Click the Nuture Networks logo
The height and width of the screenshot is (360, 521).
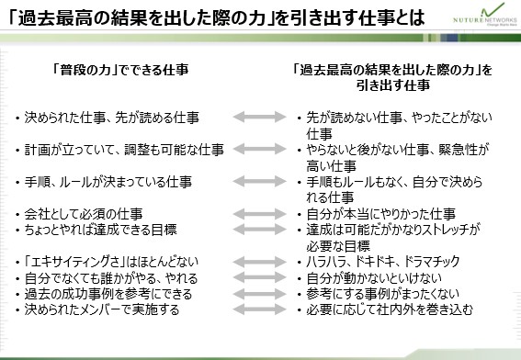[485, 16]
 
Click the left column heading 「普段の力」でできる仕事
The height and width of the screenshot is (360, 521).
[120, 70]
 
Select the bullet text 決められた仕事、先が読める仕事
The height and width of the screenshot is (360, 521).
[112, 118]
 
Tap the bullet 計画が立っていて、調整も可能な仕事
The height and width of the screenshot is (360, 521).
[124, 150]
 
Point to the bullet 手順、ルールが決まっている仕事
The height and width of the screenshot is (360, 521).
[108, 182]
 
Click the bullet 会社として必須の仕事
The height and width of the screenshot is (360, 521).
[84, 214]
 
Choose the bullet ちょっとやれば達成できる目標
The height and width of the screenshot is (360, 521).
[100, 230]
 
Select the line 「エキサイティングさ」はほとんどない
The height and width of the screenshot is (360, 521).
[111, 262]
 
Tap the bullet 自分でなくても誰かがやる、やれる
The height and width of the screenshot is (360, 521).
[111, 278]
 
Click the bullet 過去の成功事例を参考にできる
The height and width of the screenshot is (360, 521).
[108, 294]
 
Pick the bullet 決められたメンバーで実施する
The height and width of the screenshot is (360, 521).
[102, 309]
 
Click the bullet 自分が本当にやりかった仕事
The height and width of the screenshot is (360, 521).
[380, 214]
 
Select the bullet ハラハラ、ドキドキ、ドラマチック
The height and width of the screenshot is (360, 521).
[383, 262]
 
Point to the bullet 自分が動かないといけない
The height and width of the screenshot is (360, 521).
[374, 278]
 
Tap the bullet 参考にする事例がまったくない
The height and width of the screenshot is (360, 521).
[382, 294]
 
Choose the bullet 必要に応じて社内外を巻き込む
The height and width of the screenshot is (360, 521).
[390, 309]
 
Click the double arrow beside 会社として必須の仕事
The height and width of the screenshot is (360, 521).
[259, 214]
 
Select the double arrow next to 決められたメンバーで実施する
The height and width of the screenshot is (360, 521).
[259, 309]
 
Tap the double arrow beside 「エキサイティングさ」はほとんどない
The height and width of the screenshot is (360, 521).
[259, 262]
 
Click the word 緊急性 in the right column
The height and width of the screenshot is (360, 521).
[457, 150]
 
